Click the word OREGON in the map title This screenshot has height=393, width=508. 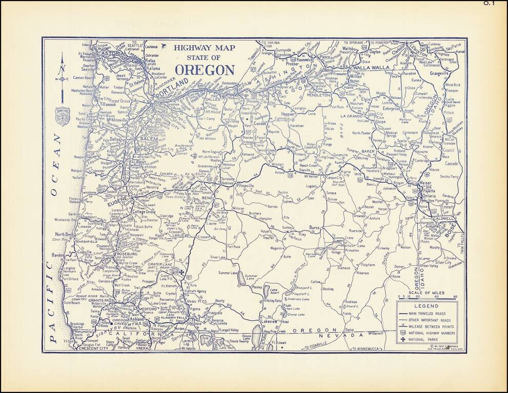[205, 70]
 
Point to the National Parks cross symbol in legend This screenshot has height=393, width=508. [403, 339]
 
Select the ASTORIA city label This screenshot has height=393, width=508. [112, 53]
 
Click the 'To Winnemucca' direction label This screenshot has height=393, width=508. [369, 348]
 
